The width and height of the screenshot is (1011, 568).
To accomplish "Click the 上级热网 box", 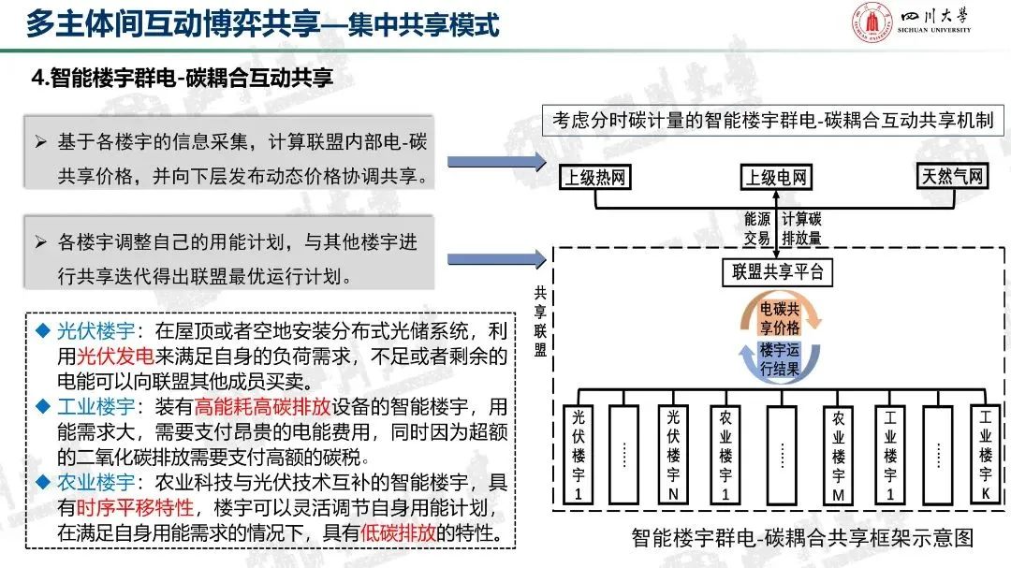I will (594, 177).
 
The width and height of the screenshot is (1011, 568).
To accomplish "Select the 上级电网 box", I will (777, 177).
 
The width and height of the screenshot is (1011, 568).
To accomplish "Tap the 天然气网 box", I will (952, 176).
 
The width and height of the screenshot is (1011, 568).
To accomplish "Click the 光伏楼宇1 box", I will (578, 456).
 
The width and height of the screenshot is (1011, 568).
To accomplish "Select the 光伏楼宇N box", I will (673, 456).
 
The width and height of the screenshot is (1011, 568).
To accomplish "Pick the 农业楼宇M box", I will (839, 456).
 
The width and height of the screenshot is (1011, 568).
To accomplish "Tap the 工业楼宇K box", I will (986, 456).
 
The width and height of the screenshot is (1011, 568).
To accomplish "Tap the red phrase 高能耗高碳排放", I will (248, 407).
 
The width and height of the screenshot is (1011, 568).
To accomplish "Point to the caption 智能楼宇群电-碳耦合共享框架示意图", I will (802, 539).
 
